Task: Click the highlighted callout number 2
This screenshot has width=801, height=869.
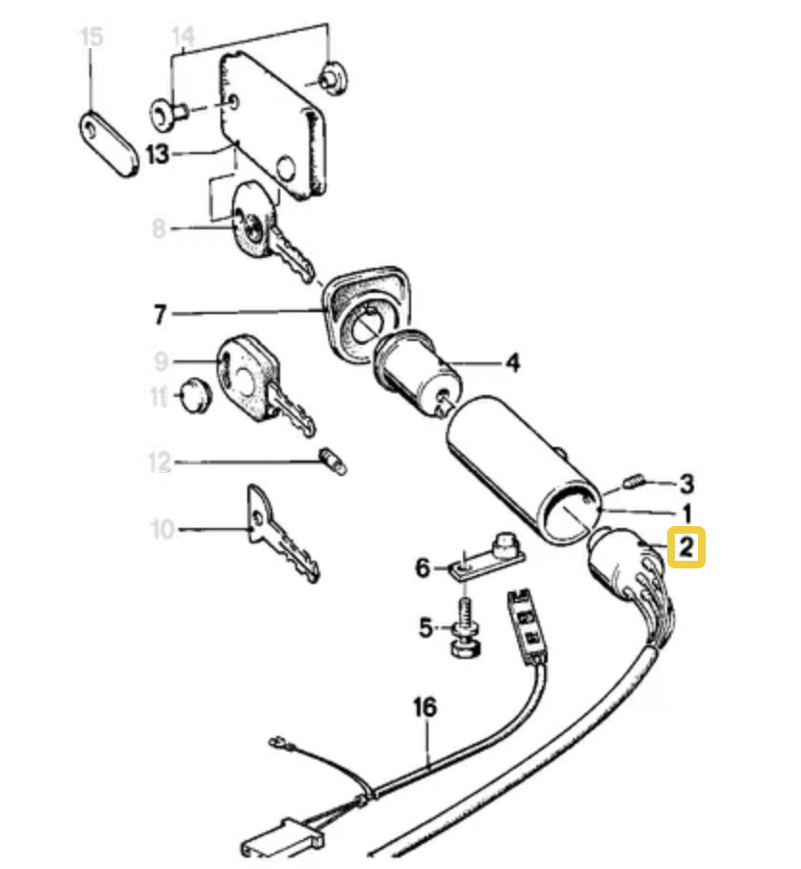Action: tap(686, 548)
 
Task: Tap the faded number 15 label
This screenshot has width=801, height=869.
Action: tap(90, 39)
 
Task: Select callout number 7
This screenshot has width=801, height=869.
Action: tap(161, 314)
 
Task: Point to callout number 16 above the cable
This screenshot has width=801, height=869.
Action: tap(425, 709)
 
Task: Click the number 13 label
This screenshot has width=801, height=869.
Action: tap(157, 153)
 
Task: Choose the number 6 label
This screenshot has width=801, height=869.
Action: tap(423, 567)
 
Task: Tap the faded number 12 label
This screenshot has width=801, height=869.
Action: tap(159, 463)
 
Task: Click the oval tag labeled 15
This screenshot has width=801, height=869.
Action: tap(106, 146)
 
